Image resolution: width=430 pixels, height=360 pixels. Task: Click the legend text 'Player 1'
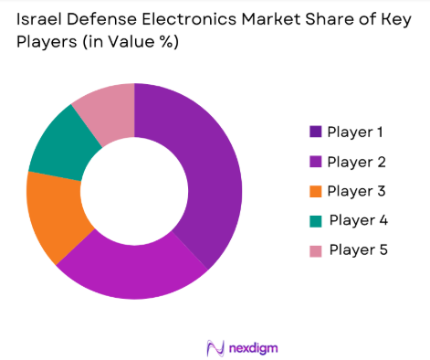click(x=355, y=132)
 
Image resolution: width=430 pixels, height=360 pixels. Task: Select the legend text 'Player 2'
click(x=355, y=162)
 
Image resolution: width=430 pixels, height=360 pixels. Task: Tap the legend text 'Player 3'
click(x=355, y=191)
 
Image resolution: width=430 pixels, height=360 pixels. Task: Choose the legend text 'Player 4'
click(x=357, y=220)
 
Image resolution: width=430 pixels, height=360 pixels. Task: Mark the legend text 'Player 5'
click(x=357, y=249)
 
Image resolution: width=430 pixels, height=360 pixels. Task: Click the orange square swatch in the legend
click(x=316, y=191)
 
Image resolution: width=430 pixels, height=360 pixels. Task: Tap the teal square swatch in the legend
click(x=316, y=220)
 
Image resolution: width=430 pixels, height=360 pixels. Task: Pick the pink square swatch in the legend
click(x=316, y=249)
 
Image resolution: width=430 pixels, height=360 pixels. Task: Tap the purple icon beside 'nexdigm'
click(x=215, y=348)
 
